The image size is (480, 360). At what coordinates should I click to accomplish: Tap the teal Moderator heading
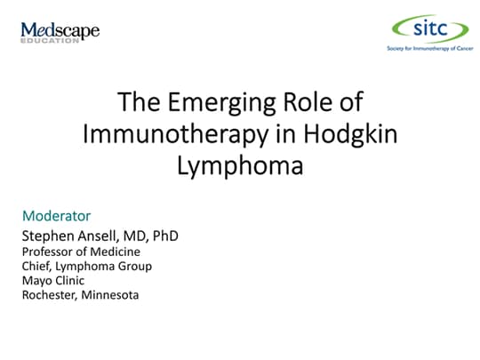(55, 216)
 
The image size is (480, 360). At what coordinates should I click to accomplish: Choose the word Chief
(33, 266)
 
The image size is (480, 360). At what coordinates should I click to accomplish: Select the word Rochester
(49, 294)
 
